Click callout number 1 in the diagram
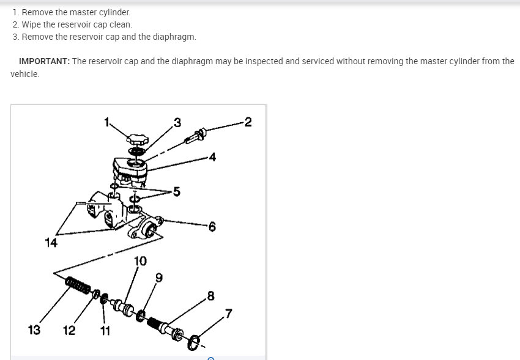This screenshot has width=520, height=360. [106, 122]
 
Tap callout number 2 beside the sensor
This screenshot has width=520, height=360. [248, 122]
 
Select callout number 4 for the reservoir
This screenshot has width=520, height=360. [212, 156]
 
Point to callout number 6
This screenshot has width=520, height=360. [212, 227]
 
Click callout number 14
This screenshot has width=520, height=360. [51, 243]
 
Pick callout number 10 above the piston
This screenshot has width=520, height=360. [140, 261]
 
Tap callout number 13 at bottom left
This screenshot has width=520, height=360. [34, 330]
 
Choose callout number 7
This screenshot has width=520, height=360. [229, 314]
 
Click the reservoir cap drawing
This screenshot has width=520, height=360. [136, 139]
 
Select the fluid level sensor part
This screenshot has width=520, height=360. [196, 136]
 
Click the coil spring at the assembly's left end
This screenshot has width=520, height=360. [78, 285]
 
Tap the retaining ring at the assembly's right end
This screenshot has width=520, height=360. [194, 342]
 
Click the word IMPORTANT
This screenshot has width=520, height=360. [45, 61]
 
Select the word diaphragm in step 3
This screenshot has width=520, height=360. [174, 37]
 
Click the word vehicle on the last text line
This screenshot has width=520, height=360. [25, 74]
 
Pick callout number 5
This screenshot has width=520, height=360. [176, 192]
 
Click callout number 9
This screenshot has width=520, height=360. [159, 277]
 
